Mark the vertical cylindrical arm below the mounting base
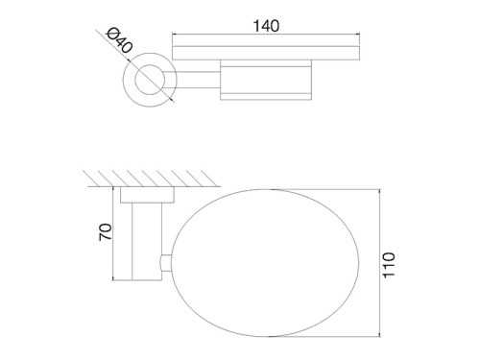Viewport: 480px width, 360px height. (x=146, y=244)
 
